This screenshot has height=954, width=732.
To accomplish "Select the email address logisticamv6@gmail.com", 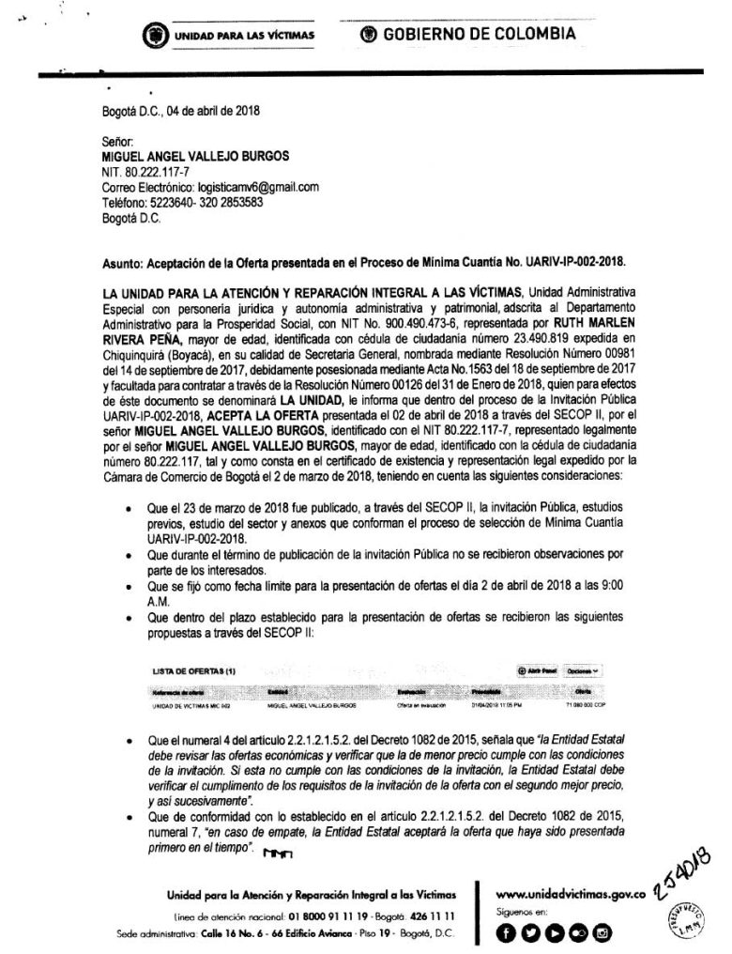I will tap(238, 188).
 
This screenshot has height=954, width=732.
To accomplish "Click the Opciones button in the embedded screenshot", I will tap(583, 671).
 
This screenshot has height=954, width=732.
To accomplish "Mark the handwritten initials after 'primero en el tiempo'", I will tap(281, 851).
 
